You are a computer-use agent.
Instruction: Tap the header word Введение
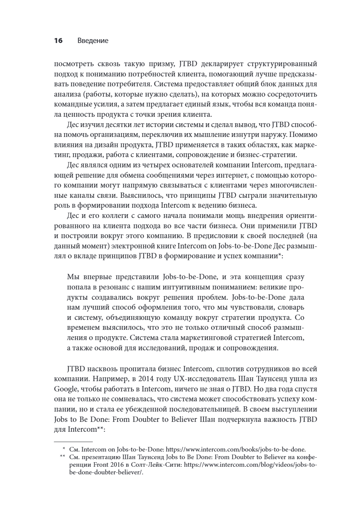(93, 41)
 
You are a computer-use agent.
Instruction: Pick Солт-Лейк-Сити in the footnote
(160, 465)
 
